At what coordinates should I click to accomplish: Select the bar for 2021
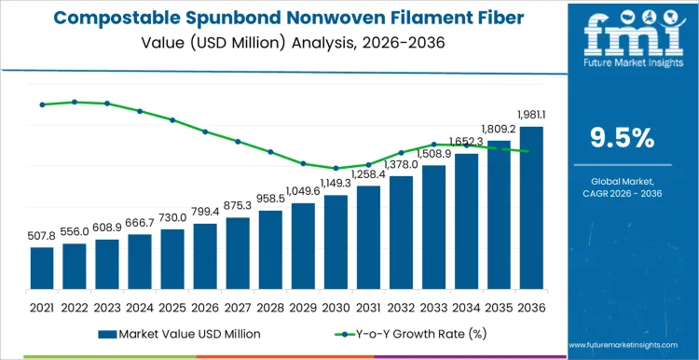pos(42,268)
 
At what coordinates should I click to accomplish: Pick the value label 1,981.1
pos(531,115)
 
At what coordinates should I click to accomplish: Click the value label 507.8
pos(42,236)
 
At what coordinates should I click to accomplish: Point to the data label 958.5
pos(270,199)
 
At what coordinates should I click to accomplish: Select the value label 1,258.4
pos(368,173)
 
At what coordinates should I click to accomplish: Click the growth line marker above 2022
pos(75,102)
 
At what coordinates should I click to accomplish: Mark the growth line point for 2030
pos(336,168)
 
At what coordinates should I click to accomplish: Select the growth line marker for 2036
pos(531,151)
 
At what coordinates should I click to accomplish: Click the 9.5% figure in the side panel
pos(623,137)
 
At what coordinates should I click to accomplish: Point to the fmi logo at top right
pos(623,40)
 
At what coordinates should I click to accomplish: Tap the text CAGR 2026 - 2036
pos(623,192)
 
